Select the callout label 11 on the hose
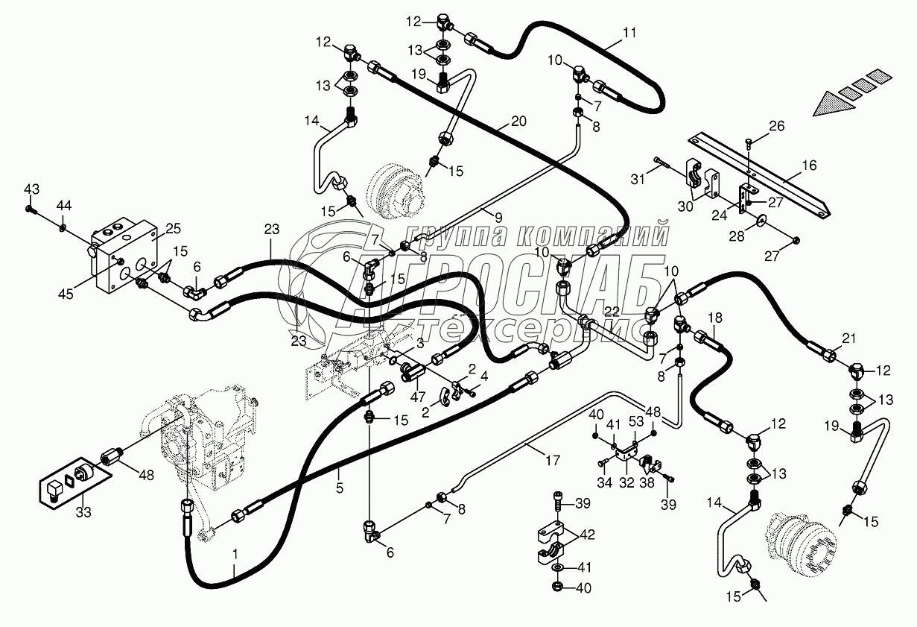[x=630, y=33]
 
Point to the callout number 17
[x=552, y=461]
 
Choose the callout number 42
[x=588, y=534]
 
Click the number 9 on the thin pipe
[x=498, y=216]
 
